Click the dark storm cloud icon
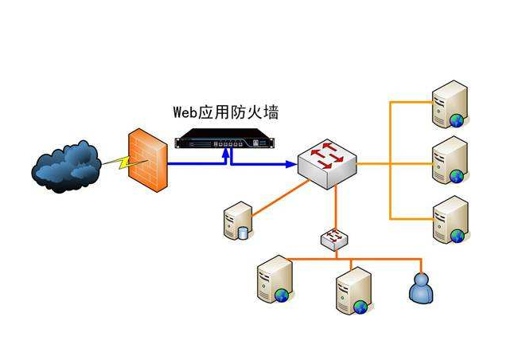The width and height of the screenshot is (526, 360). [x=66, y=164]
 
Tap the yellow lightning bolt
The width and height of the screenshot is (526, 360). [x=116, y=164]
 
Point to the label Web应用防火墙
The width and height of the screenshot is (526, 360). [x=226, y=111]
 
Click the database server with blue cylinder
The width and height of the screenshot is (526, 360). [x=238, y=221]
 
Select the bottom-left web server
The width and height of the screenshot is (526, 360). [x=272, y=280]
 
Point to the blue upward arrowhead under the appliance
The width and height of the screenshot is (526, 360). [x=229, y=156]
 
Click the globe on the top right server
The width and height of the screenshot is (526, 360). [x=457, y=120]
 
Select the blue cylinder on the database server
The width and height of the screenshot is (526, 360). [x=244, y=233]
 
